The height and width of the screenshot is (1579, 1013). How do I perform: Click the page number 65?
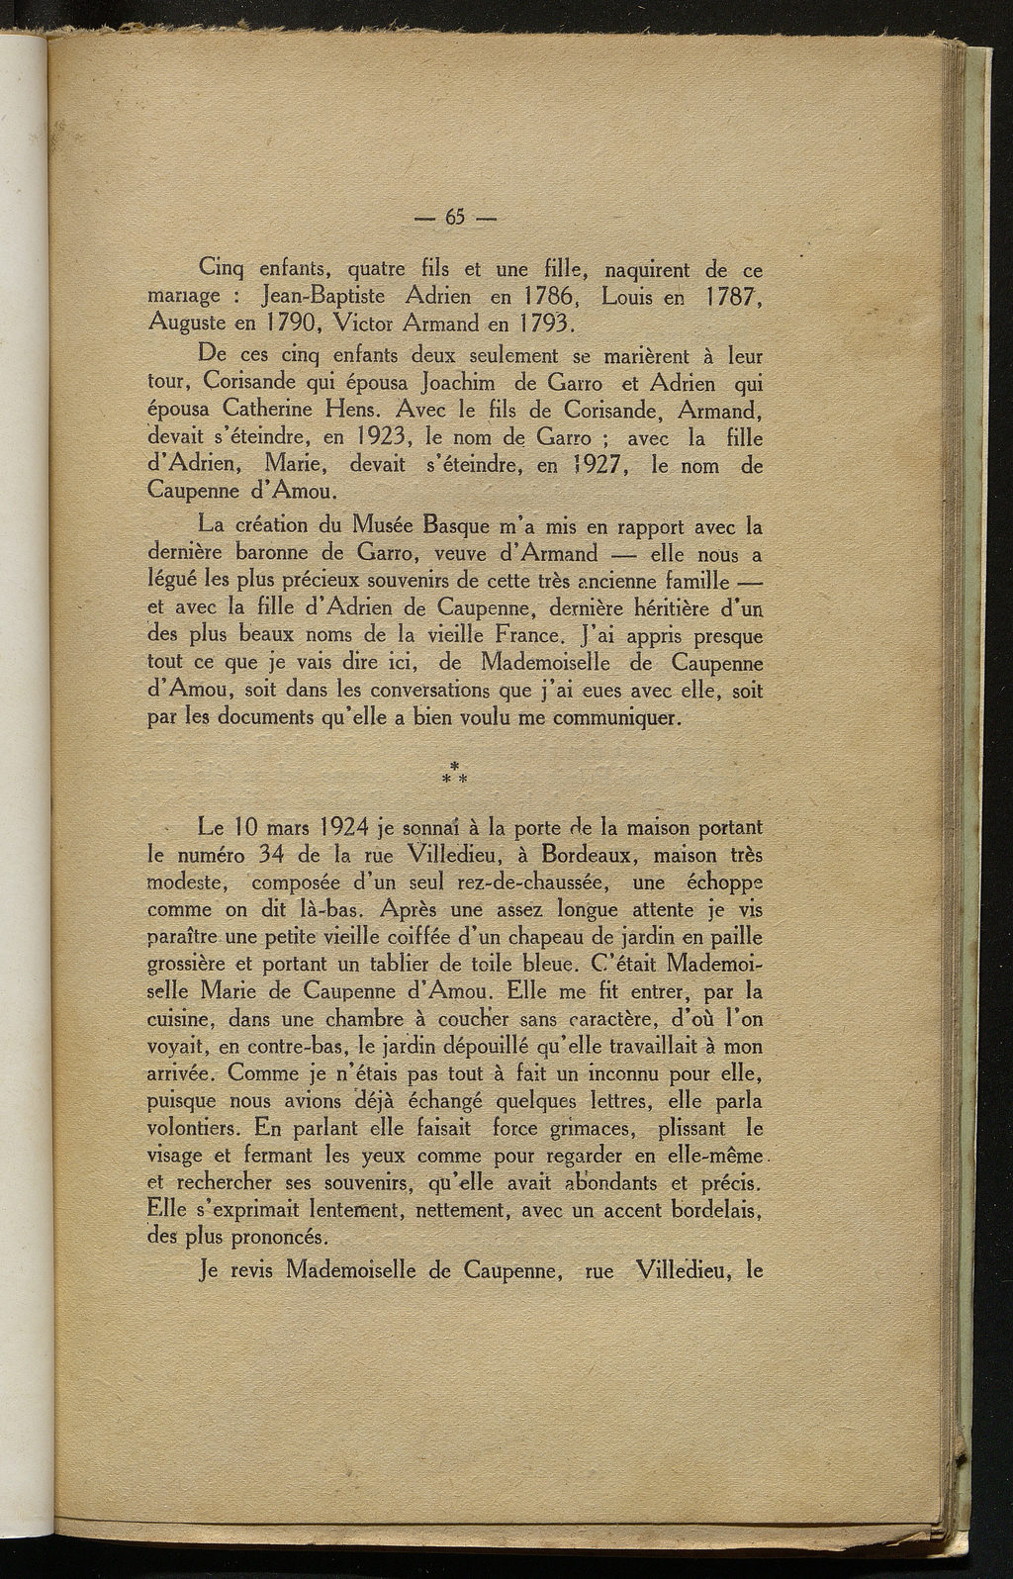coord(456,219)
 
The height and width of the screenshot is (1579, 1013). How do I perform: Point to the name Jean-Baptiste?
coord(322,295)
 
